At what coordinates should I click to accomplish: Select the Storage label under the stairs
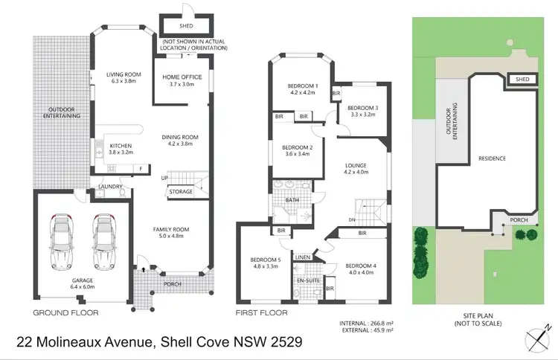pos(181,192)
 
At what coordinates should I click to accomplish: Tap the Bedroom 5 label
pos(266,263)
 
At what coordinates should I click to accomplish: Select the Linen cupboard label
pos(303,257)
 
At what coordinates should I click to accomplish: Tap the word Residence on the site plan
pos(492,158)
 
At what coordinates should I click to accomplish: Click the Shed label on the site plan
pos(522,80)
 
